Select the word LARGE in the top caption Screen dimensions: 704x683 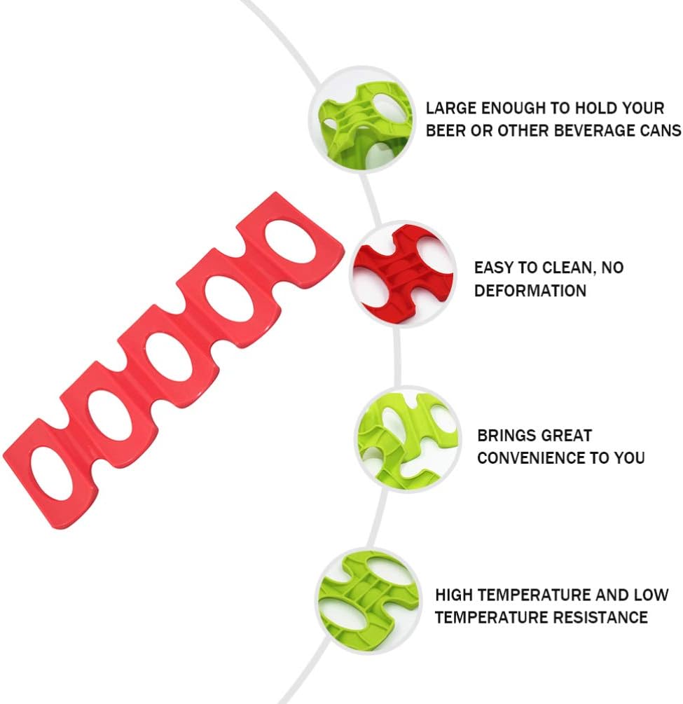[x=450, y=109]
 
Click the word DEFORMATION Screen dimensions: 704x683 [x=530, y=290]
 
